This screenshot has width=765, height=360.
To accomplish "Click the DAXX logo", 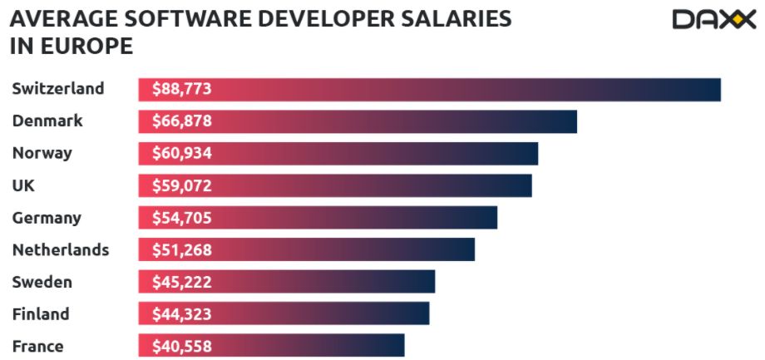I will pos(708,20).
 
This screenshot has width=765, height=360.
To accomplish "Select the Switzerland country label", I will pos(58,88).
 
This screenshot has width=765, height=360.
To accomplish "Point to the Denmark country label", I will pos(47,121).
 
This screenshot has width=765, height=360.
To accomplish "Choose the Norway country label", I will pos(42,153).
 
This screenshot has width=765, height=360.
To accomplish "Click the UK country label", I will pos(23,185).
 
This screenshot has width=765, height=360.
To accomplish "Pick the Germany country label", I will pos(47,218).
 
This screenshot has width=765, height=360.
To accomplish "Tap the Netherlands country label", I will pos(61,249).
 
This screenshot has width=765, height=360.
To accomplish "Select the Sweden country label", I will pos(42,282).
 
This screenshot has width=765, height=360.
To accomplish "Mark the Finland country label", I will pos(41,314).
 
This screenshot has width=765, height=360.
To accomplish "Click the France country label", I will pos(38,347).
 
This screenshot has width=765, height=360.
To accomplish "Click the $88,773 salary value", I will pos(182,89).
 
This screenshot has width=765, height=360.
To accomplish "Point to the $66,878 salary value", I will pos(182,121).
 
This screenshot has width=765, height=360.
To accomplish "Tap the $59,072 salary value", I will pos(182,186).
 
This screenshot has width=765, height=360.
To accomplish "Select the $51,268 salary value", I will pos(182,250).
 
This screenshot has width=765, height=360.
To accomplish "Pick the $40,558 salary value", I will pos(182,347).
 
